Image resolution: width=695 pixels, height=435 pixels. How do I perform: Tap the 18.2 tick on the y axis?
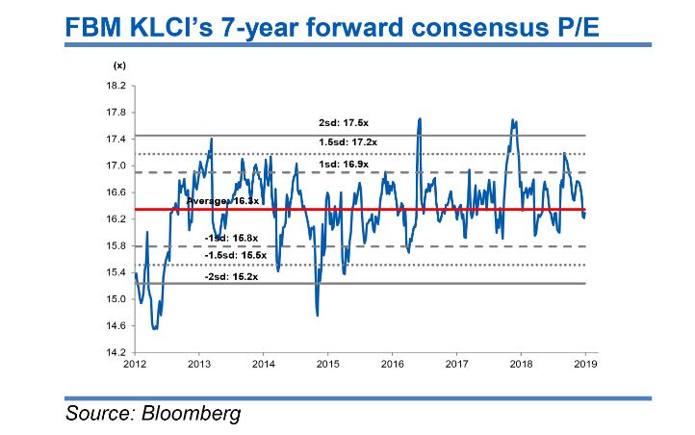click(x=115, y=86)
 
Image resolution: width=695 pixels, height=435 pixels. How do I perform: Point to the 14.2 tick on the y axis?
click(x=115, y=353)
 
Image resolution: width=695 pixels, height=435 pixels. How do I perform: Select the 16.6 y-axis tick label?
click(x=115, y=192)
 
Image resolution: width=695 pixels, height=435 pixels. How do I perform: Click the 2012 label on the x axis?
click(x=135, y=365)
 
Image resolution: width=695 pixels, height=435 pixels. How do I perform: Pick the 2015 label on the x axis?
click(x=327, y=365)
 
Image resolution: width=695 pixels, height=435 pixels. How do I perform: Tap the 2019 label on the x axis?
click(x=585, y=365)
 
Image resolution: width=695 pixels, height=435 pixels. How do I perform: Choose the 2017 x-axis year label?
click(x=456, y=365)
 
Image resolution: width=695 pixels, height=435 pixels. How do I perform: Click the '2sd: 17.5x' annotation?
click(x=345, y=126)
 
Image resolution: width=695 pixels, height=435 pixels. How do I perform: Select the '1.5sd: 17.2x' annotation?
click(x=348, y=142)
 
